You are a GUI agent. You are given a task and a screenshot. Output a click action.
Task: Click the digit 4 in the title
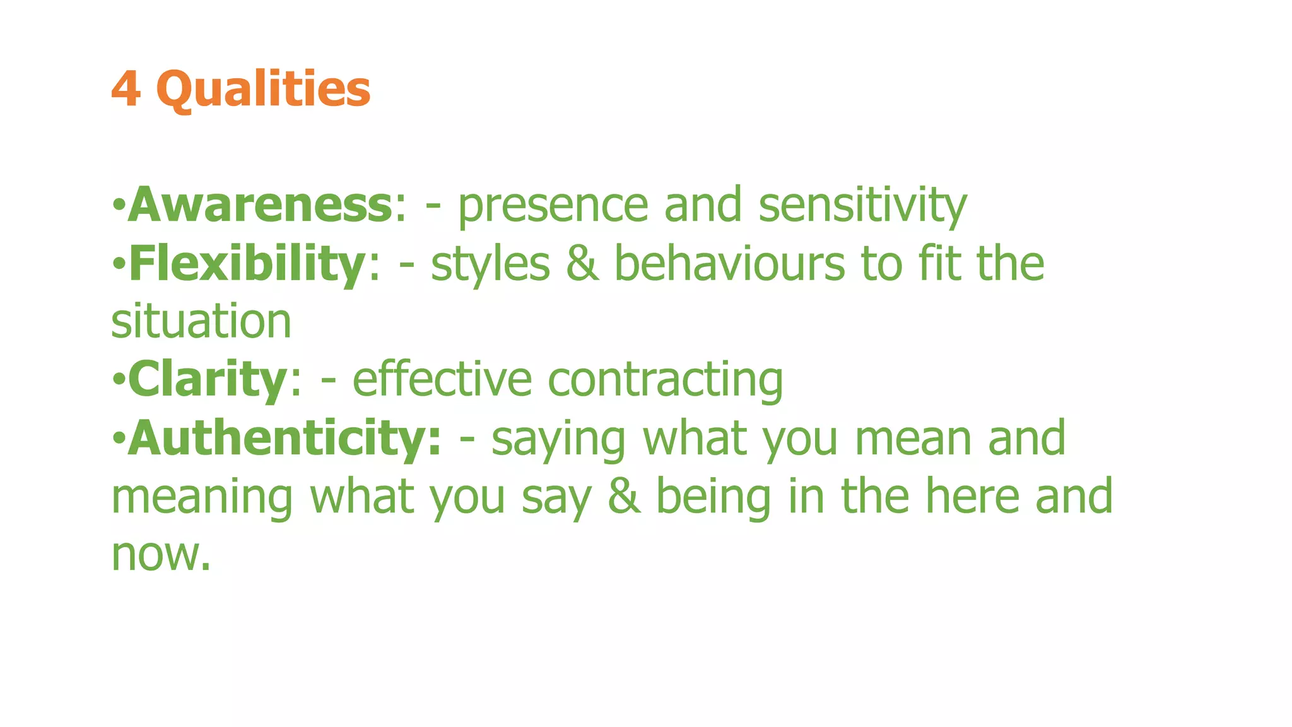click(125, 89)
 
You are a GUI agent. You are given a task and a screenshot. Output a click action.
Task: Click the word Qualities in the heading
click(263, 89)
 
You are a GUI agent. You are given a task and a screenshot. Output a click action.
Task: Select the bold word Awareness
click(260, 205)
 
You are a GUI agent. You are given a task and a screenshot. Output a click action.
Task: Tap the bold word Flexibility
click(247, 264)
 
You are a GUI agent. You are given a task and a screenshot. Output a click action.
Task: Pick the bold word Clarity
click(208, 379)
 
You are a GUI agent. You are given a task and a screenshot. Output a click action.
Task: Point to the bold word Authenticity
click(284, 438)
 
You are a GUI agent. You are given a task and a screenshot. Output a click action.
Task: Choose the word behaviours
click(729, 264)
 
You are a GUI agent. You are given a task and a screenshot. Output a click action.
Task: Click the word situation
click(201, 322)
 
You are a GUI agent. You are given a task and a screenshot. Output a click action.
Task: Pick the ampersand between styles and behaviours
click(582, 264)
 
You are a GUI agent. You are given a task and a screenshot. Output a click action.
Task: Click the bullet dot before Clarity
click(118, 380)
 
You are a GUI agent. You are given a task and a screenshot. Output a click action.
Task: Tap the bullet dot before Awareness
click(118, 205)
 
